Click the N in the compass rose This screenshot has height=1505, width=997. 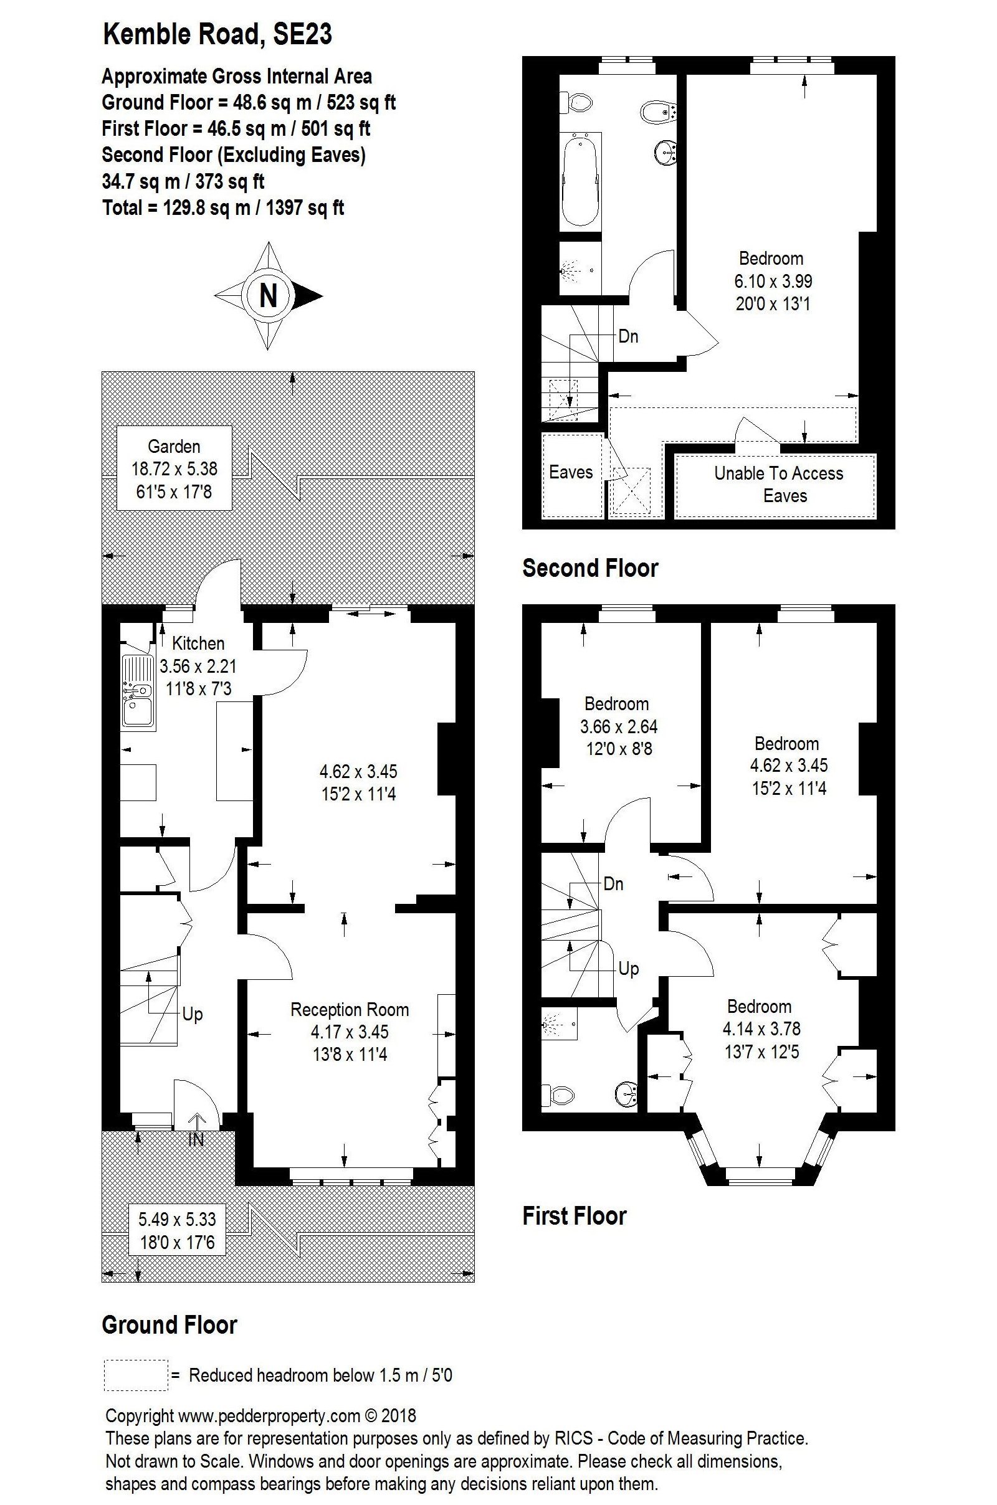(x=269, y=295)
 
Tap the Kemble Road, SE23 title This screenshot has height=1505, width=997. (x=217, y=34)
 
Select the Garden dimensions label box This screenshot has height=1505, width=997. (x=174, y=468)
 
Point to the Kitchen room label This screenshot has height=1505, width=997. (x=198, y=643)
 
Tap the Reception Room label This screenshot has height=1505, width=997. (x=349, y=1009)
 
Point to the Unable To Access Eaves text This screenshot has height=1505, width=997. (x=778, y=484)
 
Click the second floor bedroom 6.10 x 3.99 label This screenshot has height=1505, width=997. (x=773, y=281)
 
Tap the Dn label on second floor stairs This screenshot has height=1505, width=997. (x=627, y=336)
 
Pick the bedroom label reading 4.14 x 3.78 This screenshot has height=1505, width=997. (x=761, y=1028)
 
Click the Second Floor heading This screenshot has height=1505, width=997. (x=589, y=567)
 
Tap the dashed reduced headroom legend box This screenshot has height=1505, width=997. (x=135, y=1375)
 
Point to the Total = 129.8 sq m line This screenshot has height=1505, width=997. (x=223, y=208)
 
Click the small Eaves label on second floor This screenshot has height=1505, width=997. (x=570, y=472)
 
